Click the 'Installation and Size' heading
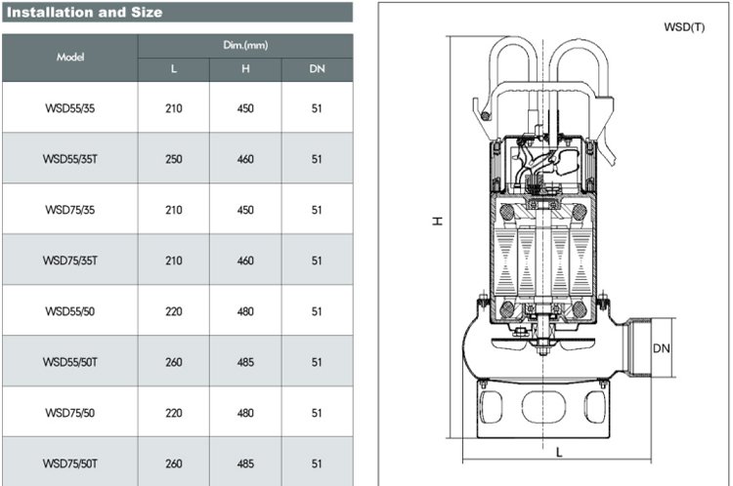pyautogui.click(x=85, y=12)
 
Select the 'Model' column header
pyautogui.click(x=70, y=57)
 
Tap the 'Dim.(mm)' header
pyautogui.click(x=245, y=45)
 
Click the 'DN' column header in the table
pyautogui.click(x=317, y=69)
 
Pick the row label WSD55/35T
pyautogui.click(x=70, y=159)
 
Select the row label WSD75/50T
pyautogui.click(x=70, y=464)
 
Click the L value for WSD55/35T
pyautogui.click(x=174, y=159)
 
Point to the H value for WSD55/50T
pyautogui.click(x=245, y=362)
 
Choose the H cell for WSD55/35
pyautogui.click(x=245, y=108)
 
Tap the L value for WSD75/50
pyautogui.click(x=174, y=413)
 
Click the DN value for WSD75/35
pyautogui.click(x=317, y=210)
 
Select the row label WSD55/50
pyautogui.click(x=70, y=311)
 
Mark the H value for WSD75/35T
pyautogui.click(x=245, y=261)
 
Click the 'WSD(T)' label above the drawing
pyautogui.click(x=684, y=27)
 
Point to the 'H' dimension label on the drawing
pyautogui.click(x=437, y=221)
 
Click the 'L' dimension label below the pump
pyautogui.click(x=559, y=452)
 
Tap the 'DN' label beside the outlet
pyautogui.click(x=661, y=348)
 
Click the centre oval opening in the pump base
pyautogui.click(x=543, y=407)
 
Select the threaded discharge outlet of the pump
pyautogui.click(x=636, y=347)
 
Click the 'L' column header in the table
pyautogui.click(x=174, y=69)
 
